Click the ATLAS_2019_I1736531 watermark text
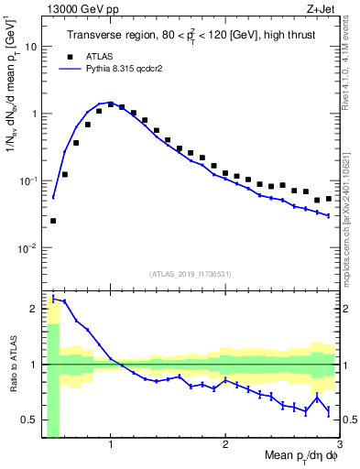click(190, 273)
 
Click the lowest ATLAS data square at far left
click(53, 221)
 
